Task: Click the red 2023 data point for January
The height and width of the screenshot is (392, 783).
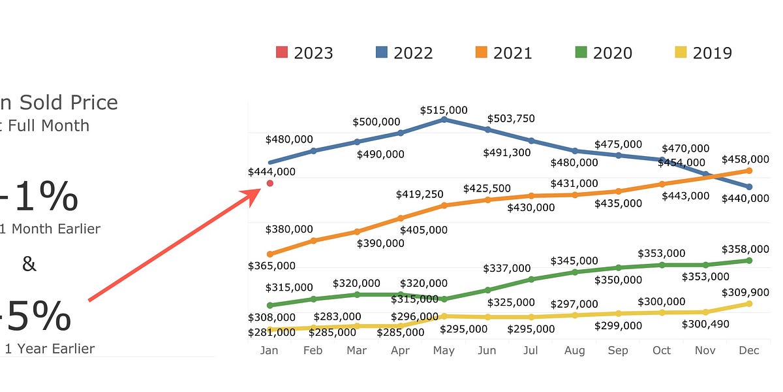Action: pyautogui.click(x=269, y=184)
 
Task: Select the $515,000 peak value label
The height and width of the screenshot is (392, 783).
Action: pyautogui.click(x=444, y=110)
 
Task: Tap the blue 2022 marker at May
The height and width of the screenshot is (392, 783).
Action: pyautogui.click(x=444, y=120)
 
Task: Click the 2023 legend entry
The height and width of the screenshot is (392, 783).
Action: pyautogui.click(x=305, y=53)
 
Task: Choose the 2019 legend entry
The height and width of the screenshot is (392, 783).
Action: pyautogui.click(x=703, y=53)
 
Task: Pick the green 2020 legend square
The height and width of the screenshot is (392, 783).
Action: pyautogui.click(x=581, y=53)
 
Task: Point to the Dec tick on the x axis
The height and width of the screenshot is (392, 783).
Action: pyautogui.click(x=749, y=351)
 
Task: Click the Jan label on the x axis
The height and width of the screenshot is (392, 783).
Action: pyautogui.click(x=269, y=351)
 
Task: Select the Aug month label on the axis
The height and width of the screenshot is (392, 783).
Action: pyautogui.click(x=574, y=351)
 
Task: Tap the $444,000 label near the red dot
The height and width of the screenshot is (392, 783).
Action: pyautogui.click(x=271, y=172)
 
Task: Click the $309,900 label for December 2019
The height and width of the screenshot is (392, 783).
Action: pyautogui.click(x=745, y=292)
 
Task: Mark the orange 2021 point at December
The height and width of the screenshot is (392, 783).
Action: pyautogui.click(x=749, y=171)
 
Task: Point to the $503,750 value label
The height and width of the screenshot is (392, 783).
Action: pyautogui.click(x=512, y=118)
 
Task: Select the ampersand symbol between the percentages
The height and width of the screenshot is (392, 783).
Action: pyautogui.click(x=29, y=264)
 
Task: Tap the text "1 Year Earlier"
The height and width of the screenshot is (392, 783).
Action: pyautogui.click(x=50, y=348)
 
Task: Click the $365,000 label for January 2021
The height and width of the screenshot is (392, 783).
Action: pyautogui.click(x=271, y=266)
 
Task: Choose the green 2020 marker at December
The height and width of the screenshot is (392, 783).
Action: pyautogui.click(x=749, y=260)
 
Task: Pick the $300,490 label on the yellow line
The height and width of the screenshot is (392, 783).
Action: pyautogui.click(x=705, y=324)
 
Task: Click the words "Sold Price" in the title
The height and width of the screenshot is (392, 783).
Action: pyautogui.click(x=69, y=103)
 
